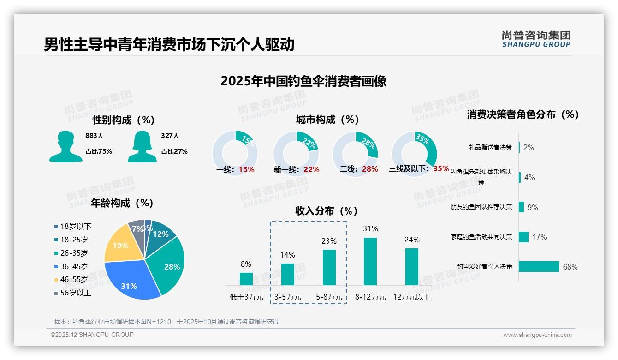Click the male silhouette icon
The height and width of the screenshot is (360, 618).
65,147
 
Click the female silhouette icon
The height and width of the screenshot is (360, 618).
142,147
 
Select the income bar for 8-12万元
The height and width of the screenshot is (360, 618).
370,261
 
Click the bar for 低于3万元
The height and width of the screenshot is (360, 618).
246,279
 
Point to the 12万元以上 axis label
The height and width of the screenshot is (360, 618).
412,297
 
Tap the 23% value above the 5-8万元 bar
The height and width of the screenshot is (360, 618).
329,241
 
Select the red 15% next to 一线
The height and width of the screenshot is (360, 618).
246,169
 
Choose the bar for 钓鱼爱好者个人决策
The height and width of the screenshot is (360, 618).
539,266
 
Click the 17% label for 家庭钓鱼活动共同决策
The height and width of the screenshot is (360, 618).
539,237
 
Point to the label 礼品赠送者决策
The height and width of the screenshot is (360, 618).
490,147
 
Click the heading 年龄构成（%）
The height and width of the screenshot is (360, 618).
122,203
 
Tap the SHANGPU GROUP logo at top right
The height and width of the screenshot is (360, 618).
536,39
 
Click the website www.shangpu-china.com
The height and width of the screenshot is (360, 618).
537,335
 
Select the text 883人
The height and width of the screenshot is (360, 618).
95,136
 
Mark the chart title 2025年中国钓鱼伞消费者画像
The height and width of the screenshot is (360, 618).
303,81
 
